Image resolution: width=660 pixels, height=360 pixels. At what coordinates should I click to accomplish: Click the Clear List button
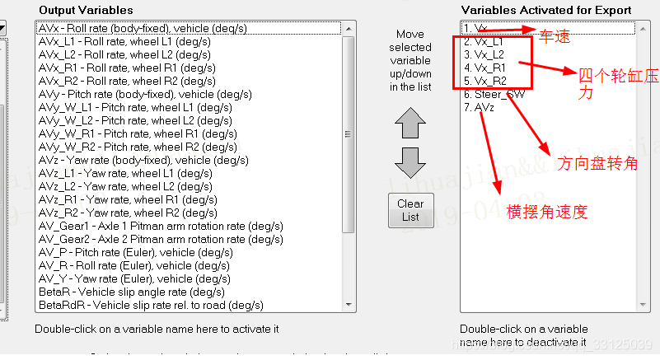click(410, 210)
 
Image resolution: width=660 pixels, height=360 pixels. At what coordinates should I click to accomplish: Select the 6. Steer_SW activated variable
click(494, 94)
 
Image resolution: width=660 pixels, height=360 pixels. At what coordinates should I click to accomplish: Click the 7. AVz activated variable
click(480, 107)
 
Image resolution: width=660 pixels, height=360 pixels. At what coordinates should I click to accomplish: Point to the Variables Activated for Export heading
click(545, 10)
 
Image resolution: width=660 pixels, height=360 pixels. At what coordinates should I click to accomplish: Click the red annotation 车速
click(555, 37)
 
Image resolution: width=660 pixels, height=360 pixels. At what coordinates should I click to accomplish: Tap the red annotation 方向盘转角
click(598, 162)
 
